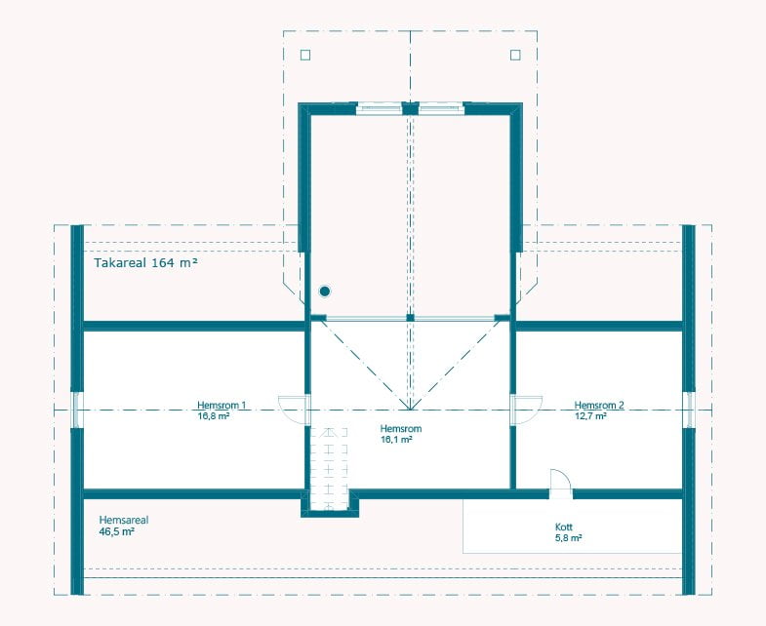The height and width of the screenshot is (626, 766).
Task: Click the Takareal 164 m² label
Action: click(x=145, y=262)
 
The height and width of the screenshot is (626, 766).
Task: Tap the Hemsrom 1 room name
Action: click(x=222, y=405)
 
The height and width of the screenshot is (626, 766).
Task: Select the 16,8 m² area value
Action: click(x=214, y=416)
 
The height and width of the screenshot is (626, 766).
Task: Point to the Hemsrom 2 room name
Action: click(x=599, y=405)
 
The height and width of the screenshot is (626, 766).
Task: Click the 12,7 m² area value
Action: click(x=590, y=416)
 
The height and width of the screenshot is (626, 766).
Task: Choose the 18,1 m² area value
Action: click(x=397, y=440)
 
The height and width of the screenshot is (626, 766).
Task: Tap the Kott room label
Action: click(x=564, y=527)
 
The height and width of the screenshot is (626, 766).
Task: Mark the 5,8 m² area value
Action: click(x=568, y=538)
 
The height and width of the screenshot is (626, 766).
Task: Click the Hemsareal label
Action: click(x=124, y=520)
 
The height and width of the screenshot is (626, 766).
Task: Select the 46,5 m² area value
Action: click(x=117, y=531)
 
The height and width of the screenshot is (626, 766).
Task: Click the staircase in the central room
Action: click(x=329, y=469)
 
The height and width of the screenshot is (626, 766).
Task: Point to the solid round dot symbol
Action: click(x=325, y=292)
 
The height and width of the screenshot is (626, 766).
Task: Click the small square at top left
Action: click(x=305, y=55)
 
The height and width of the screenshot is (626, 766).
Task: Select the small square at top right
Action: click(x=515, y=55)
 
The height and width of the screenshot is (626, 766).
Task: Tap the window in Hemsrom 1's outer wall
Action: click(x=78, y=410)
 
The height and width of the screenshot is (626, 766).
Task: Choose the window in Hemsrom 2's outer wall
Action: click(x=688, y=410)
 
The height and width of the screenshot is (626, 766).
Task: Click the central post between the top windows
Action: click(x=411, y=108)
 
